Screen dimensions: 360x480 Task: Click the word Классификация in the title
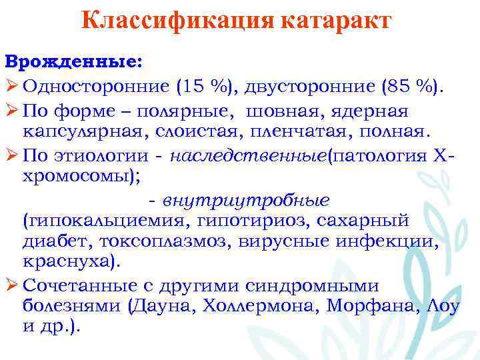pyautogui.click(x=171, y=22)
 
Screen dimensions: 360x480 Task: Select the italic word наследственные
pyautogui.click(x=249, y=155)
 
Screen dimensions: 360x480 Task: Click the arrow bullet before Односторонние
pyautogui.click(x=11, y=85)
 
